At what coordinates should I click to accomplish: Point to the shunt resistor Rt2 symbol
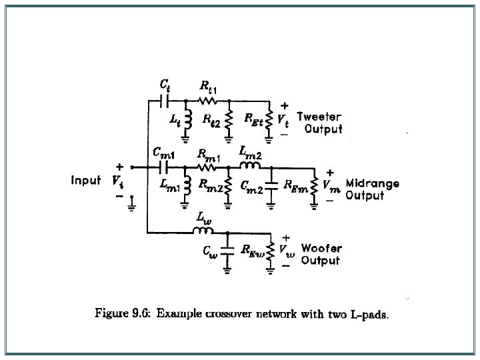pos(228,121)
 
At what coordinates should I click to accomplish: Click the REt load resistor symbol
pos(269,121)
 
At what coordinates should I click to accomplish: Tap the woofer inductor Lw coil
pos(202,231)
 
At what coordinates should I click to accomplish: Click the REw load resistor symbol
pos(271,251)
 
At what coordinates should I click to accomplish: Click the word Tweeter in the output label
pos(319,116)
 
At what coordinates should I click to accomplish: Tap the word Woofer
pos(321,249)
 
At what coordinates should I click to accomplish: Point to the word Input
pos(86,180)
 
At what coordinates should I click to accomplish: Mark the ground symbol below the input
pos(134,204)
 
